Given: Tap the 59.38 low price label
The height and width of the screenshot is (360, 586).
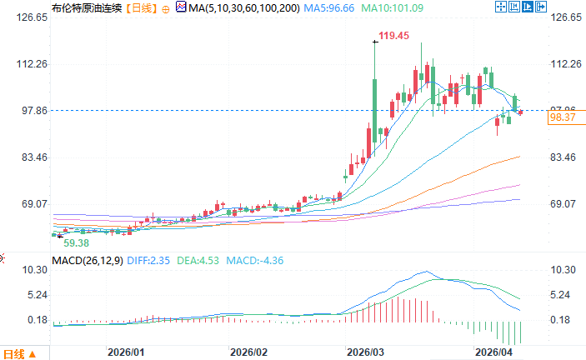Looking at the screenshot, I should coord(77,242).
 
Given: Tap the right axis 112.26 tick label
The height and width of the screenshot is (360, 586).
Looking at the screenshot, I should coord(565,64).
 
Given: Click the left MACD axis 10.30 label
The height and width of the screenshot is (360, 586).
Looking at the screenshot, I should coord(20,271).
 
